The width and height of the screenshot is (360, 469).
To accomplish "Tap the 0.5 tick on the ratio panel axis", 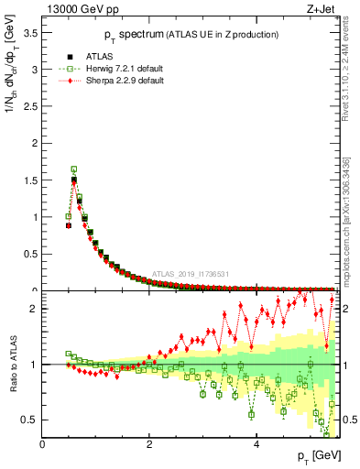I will tap(29, 420).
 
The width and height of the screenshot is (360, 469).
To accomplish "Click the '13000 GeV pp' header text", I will tap(83, 10).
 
